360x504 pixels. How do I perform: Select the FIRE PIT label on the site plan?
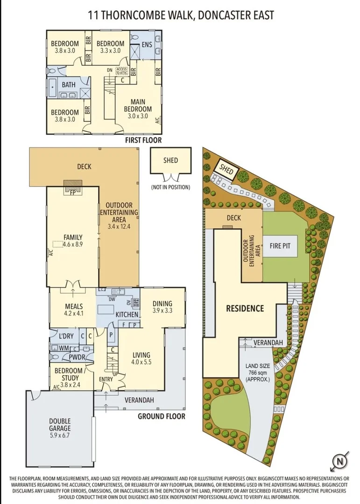point(282,245)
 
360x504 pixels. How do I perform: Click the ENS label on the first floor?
point(147,45)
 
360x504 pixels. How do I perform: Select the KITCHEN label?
point(127,315)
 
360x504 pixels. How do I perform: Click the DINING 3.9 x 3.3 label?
point(162,306)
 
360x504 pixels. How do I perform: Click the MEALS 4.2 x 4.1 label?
point(73,309)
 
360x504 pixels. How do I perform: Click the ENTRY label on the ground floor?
point(106,379)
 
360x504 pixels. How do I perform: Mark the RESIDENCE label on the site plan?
point(245,308)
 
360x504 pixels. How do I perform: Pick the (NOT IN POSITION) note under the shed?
point(170,187)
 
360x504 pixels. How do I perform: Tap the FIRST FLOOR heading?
point(143,140)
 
